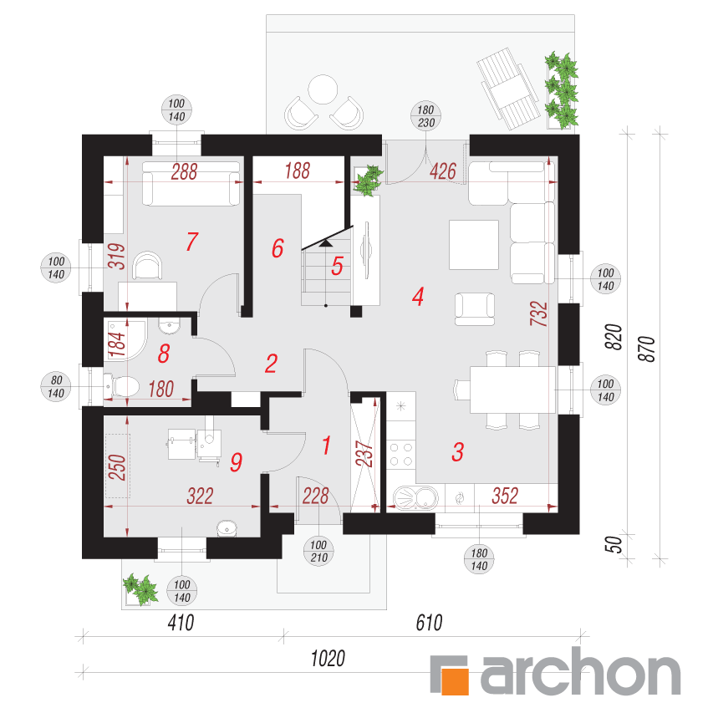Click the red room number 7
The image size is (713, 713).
pyautogui.click(x=192, y=242)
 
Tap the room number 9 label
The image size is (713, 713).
pyautogui.click(x=236, y=462)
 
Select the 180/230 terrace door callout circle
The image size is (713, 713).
pyautogui.click(x=425, y=116)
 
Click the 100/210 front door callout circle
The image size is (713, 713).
pyautogui.click(x=318, y=551)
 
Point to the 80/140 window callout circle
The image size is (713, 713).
pyautogui.click(x=56, y=386)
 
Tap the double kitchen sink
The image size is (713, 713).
pyautogui.click(x=415, y=497)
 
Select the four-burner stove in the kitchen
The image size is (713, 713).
pyautogui.click(x=401, y=455)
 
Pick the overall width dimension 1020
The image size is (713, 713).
pyautogui.click(x=328, y=658)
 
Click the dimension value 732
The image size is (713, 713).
pyautogui.click(x=539, y=313)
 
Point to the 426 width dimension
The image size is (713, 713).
pyautogui.click(x=443, y=171)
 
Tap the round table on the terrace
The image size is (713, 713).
pyautogui.click(x=323, y=89)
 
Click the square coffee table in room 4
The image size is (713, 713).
pyautogui.click(x=474, y=245)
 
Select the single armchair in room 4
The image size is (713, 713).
pyautogui.click(x=475, y=309)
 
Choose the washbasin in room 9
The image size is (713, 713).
pyautogui.click(x=227, y=528)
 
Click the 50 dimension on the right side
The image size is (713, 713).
pyautogui.click(x=614, y=544)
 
